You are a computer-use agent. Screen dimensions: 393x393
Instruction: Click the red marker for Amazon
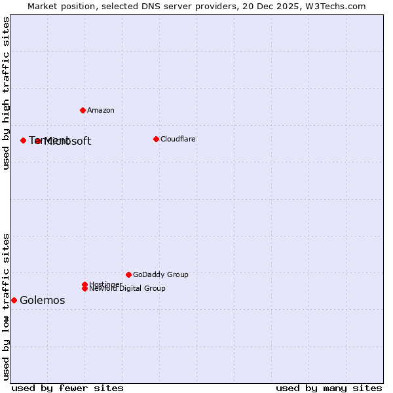[x=83, y=110]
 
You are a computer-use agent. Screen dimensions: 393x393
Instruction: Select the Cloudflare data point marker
[x=156, y=139]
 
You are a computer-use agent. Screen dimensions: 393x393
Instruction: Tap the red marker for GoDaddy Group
[x=128, y=274]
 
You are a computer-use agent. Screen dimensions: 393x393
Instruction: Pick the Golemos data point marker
[x=14, y=300]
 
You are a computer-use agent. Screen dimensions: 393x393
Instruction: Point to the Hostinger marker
[x=84, y=284]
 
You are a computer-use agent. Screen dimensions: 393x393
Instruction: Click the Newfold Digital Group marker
[x=84, y=288]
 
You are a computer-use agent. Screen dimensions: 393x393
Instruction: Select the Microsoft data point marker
[x=38, y=141]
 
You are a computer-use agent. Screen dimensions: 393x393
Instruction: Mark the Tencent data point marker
[x=23, y=140]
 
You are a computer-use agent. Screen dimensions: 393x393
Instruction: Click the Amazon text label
[x=101, y=110]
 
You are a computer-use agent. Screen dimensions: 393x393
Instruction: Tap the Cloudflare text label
[x=178, y=139]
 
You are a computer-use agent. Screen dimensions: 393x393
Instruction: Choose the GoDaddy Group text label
[x=160, y=274]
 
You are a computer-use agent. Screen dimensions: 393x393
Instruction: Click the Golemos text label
[x=43, y=301]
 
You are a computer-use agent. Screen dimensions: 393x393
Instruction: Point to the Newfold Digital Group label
[x=128, y=289]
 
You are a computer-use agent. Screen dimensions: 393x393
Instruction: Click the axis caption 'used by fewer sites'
[x=67, y=388]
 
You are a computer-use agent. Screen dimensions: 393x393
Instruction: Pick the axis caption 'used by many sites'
[x=329, y=388]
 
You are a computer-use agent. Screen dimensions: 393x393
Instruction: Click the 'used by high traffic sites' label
[x=6, y=93]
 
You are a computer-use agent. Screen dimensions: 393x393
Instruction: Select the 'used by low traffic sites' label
[x=6, y=306]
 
